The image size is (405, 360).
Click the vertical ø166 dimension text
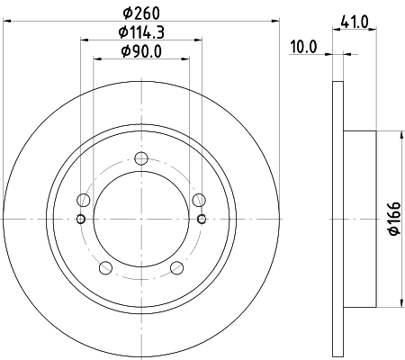click(x=393, y=220)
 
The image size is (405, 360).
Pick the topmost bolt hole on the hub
click(x=140, y=159)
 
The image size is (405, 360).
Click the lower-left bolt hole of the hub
click(x=104, y=267)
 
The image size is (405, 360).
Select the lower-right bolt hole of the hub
click(x=176, y=267)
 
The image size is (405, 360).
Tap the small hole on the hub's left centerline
click(x=81, y=220)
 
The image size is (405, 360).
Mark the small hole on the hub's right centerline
click(x=201, y=220)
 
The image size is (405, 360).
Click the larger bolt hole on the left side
click(x=84, y=201)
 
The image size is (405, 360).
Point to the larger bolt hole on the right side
click(x=198, y=201)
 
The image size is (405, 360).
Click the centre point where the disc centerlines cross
click(x=140, y=220)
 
